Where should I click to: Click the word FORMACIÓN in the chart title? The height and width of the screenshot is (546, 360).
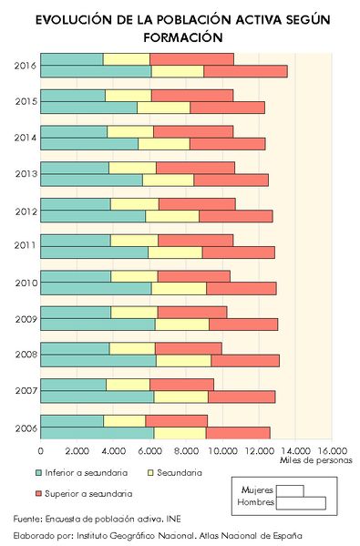182,37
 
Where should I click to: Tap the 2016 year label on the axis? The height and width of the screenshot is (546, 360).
26,65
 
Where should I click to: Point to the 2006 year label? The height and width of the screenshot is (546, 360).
26,427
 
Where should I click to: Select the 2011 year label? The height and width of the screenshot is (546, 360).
26,246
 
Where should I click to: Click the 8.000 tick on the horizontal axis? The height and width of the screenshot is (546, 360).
187,450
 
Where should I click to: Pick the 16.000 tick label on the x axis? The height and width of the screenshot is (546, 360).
333,450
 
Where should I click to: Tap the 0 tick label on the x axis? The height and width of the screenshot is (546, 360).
41,450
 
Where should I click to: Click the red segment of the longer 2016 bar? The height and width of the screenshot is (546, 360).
245,71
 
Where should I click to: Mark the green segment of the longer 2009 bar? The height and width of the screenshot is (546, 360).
98,324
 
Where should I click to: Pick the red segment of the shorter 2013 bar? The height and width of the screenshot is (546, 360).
195,168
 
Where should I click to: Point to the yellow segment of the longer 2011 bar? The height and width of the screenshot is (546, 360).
175,252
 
